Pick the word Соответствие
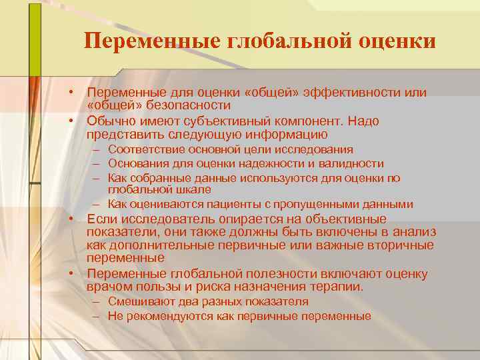click(x=145, y=149)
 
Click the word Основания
click(x=137, y=163)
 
